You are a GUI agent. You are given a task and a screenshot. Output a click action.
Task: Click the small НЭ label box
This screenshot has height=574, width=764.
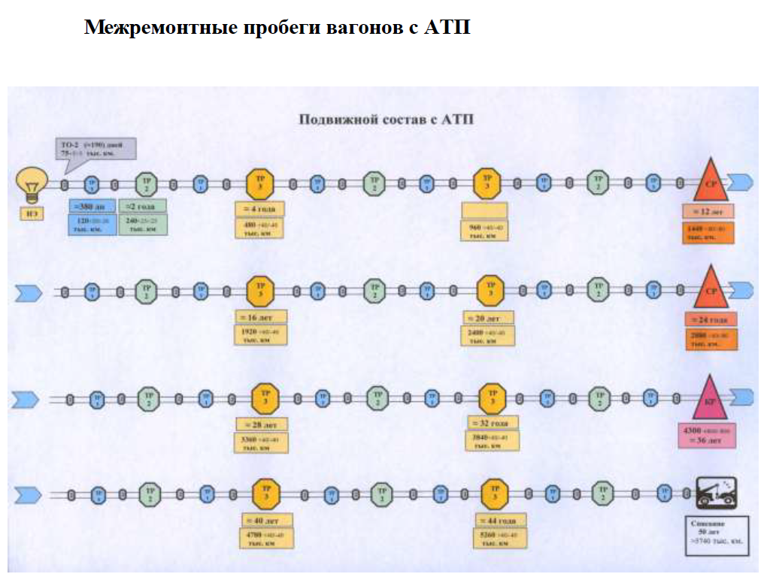coord(32,214)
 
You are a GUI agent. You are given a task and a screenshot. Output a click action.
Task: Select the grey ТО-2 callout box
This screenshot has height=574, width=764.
coord(95,147)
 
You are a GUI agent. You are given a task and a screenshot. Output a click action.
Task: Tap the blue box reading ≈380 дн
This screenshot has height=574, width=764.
coord(92,206)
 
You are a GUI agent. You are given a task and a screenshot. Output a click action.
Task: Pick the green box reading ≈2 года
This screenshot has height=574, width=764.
coord(142,206)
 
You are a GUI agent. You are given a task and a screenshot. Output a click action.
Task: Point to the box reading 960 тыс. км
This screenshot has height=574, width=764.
coord(484,231)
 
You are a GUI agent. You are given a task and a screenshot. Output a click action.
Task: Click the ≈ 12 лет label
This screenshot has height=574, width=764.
coord(708,212)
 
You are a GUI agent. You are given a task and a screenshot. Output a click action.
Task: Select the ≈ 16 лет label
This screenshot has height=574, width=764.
coord(261,317)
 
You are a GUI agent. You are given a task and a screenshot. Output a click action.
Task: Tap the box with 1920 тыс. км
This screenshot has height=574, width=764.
coord(261,335)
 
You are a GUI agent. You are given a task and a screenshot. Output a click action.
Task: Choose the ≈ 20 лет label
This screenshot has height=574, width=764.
coord(488,318)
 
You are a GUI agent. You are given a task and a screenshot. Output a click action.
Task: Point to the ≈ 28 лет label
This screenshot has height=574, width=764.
coord(261,424)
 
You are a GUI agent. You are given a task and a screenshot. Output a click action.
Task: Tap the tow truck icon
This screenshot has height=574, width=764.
coord(715,494)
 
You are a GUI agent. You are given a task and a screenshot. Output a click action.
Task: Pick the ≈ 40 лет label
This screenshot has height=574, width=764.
coord(265,520)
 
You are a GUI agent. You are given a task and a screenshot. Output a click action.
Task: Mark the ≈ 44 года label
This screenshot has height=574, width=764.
coord(499,519)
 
